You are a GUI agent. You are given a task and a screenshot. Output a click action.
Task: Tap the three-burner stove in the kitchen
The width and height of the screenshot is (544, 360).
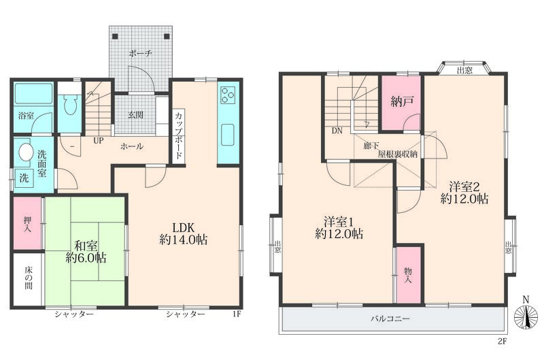click(228, 95)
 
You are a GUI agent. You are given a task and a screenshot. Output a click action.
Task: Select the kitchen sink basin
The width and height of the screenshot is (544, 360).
click(228, 135)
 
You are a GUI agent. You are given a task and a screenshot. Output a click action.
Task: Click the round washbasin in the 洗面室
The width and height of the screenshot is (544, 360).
click(25, 152)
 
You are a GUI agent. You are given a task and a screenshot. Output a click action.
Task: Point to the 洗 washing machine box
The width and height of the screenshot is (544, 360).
click(24, 178)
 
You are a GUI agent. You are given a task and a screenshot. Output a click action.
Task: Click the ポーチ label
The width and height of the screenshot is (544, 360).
click(141, 54)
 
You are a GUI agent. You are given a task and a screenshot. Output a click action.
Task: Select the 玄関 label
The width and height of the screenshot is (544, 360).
click(135, 114)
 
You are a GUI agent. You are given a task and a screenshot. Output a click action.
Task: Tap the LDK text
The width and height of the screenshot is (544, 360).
click(184, 228)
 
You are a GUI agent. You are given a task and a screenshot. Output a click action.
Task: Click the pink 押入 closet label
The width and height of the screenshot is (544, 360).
click(27, 224)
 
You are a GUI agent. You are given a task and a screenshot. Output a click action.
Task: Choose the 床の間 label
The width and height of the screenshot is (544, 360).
click(29, 278)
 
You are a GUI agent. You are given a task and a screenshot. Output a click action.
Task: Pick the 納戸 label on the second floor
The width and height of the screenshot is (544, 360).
click(402, 101)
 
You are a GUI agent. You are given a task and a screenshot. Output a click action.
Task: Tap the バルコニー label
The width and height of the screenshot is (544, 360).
click(390, 318)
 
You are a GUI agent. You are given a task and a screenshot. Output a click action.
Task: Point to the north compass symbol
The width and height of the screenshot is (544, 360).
click(526, 314)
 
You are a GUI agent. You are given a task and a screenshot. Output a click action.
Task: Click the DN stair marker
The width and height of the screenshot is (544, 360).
click(337, 131)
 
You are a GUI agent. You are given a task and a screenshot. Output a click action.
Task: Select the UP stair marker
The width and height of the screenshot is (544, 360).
click(98, 141)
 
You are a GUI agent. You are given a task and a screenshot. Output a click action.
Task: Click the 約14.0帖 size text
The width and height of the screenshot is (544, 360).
click(184, 240)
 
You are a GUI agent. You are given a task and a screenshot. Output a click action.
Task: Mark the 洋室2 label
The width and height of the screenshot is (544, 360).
click(464, 187)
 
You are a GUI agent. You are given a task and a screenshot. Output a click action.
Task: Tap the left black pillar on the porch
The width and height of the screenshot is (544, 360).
click(115, 36)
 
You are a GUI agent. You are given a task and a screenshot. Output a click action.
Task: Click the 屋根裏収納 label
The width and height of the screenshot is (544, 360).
click(397, 154)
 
